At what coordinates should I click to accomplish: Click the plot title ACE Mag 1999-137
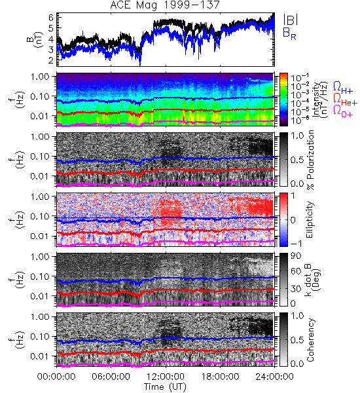click(165, 5)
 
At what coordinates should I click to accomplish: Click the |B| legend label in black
click(291, 20)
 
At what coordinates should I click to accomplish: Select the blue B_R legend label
click(289, 33)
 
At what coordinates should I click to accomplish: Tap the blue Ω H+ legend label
click(343, 88)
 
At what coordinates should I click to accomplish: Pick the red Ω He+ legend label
click(345, 100)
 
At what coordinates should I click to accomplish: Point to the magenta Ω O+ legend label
click(343, 111)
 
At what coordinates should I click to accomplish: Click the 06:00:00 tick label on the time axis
click(111, 377)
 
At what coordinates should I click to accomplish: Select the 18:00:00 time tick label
click(220, 377)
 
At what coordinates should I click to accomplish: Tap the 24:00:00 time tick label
click(274, 377)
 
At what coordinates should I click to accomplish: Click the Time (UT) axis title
click(165, 386)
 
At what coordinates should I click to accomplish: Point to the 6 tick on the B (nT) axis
click(51, 18)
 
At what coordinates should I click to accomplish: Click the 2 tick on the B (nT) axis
click(51, 60)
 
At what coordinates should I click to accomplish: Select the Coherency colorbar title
click(310, 340)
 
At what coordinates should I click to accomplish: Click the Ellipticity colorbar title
click(310, 220)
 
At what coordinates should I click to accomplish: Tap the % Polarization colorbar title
click(311, 160)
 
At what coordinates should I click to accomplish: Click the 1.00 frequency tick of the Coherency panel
click(40, 317)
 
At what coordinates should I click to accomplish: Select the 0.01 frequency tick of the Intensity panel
click(40, 116)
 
